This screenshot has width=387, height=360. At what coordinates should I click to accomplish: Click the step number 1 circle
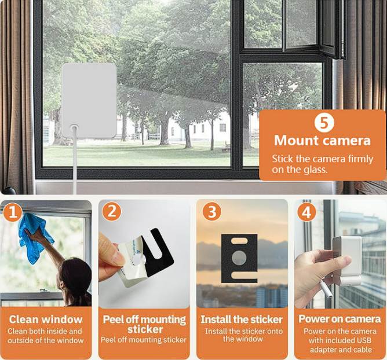13,212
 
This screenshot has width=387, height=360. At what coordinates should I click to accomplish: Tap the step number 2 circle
112,212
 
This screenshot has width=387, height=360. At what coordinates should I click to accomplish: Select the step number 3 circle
212,212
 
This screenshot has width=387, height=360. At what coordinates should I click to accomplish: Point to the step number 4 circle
307,212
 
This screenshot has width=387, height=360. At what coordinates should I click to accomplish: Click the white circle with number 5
324,123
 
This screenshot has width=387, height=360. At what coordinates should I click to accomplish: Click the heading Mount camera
322,140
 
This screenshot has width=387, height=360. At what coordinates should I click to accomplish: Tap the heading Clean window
46,319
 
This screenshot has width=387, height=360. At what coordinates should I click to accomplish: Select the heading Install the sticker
242,319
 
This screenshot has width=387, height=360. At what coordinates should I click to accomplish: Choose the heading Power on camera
339,319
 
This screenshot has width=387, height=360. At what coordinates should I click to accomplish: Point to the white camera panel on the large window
89,100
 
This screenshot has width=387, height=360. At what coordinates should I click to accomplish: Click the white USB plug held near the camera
326,289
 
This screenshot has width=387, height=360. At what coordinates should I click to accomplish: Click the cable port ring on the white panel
74,128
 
